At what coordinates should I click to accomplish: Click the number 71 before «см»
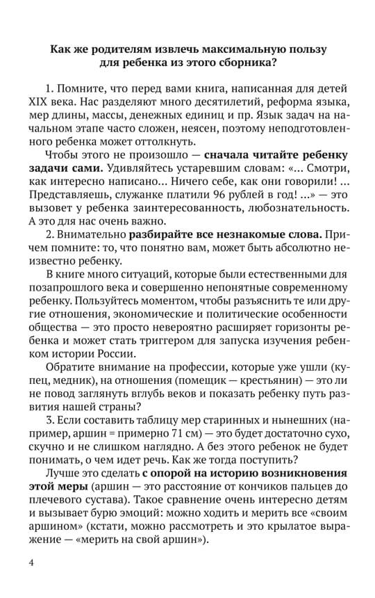click(x=155, y=432)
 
